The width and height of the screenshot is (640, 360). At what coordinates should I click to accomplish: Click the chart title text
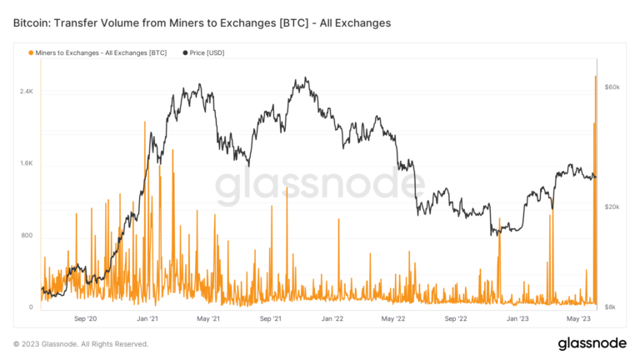click(202, 22)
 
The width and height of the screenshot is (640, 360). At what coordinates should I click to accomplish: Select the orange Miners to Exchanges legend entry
click(97, 52)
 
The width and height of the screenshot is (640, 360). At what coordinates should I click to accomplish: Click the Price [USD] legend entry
click(202, 52)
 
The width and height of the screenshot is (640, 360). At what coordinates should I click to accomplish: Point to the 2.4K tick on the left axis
click(26, 91)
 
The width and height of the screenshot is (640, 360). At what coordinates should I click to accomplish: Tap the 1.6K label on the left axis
click(26, 163)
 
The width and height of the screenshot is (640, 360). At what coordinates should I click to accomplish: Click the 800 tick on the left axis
click(27, 236)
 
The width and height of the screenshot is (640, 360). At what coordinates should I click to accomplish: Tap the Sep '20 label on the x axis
click(86, 318)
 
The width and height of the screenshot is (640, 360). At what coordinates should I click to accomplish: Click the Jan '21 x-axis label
click(147, 318)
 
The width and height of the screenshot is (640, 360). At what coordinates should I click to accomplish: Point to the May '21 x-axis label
click(208, 318)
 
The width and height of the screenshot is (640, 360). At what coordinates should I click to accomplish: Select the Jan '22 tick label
click(332, 318)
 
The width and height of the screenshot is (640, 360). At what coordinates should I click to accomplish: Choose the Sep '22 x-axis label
click(456, 318)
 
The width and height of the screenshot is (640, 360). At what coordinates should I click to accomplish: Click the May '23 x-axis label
click(579, 318)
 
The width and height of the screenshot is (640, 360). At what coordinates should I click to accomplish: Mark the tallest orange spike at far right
click(596, 79)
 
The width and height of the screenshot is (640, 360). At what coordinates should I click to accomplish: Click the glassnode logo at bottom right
click(592, 343)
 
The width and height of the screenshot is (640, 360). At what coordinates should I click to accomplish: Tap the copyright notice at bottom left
click(81, 343)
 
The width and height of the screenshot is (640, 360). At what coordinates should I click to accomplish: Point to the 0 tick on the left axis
click(31, 307)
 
